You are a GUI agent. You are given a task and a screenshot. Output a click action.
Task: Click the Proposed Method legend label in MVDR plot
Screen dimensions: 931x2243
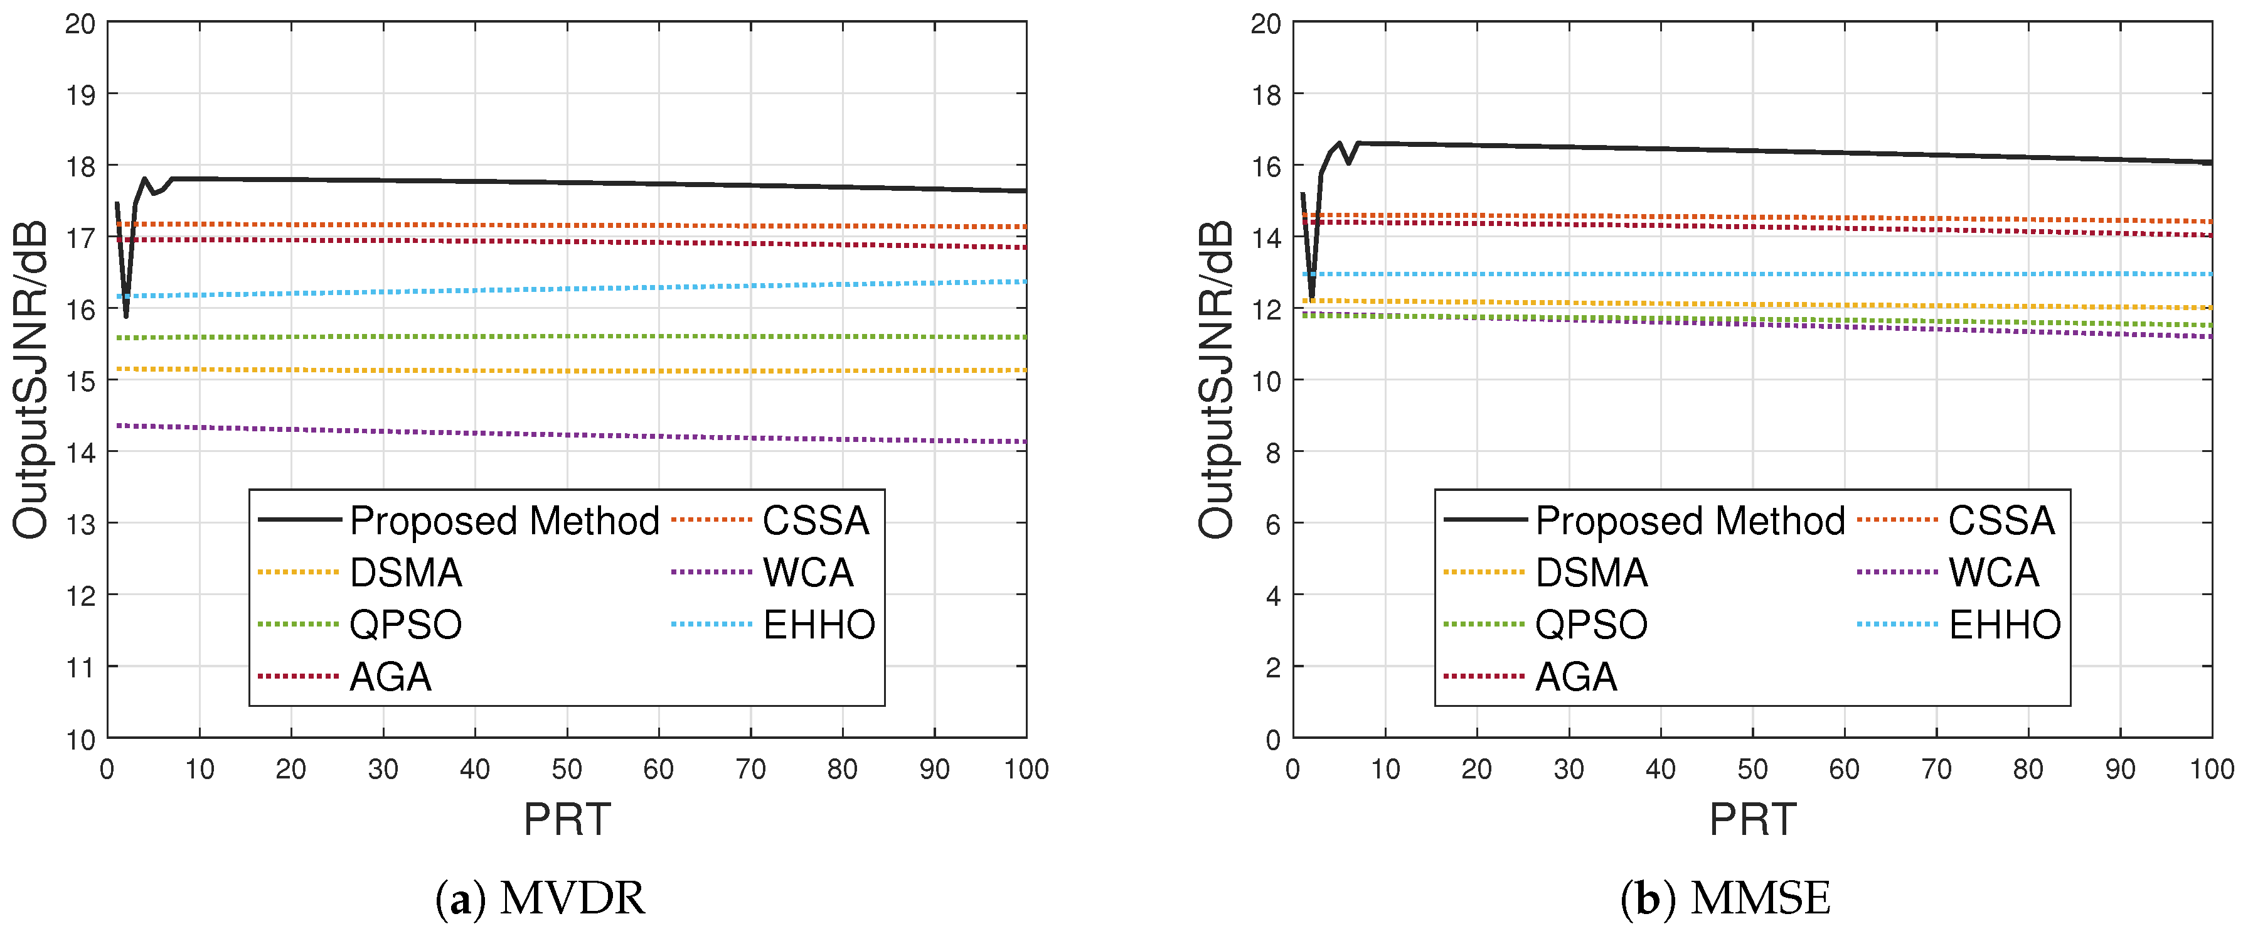(x=504, y=521)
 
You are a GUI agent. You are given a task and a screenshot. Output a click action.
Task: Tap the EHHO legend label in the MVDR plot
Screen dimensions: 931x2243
(x=819, y=625)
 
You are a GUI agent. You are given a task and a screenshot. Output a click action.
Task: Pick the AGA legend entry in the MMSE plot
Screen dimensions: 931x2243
(x=1575, y=677)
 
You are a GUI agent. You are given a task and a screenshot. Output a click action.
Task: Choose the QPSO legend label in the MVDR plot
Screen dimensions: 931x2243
(x=406, y=625)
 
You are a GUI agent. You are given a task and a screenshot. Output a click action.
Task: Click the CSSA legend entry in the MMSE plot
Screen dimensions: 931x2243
(x=2001, y=521)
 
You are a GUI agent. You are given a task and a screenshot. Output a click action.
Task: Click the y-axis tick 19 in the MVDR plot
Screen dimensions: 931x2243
(x=81, y=94)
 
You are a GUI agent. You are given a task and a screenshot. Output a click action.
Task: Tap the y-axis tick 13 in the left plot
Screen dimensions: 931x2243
(x=81, y=524)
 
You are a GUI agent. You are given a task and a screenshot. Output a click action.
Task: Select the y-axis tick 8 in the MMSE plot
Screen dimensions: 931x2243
(x=1273, y=452)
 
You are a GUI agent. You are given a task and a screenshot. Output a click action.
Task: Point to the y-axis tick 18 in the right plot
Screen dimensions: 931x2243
(x=1267, y=94)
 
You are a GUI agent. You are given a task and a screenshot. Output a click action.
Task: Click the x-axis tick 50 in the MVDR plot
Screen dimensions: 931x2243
(x=567, y=769)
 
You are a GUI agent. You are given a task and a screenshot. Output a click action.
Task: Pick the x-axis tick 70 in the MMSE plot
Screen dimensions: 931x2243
(x=1936, y=769)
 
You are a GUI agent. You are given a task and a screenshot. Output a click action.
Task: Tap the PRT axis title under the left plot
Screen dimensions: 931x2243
(x=567, y=819)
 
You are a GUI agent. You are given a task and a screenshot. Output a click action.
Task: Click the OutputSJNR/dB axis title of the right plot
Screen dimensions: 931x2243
(x=1217, y=380)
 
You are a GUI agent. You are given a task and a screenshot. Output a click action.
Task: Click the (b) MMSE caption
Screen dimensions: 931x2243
(x=1726, y=899)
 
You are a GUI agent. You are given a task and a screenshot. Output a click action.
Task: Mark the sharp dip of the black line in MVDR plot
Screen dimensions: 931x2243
(x=126, y=315)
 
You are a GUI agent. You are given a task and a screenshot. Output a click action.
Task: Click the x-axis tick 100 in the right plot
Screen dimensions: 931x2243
(x=2212, y=769)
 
